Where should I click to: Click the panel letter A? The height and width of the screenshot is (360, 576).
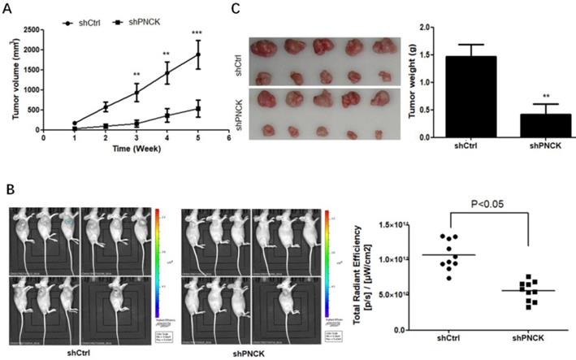point(15,11)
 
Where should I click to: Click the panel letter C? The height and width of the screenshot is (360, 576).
point(236,11)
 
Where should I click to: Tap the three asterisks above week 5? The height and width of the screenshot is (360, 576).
point(197,33)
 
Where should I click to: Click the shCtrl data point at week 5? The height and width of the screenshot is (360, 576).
point(197,55)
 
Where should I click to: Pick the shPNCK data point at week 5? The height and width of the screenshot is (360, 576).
point(197,108)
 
